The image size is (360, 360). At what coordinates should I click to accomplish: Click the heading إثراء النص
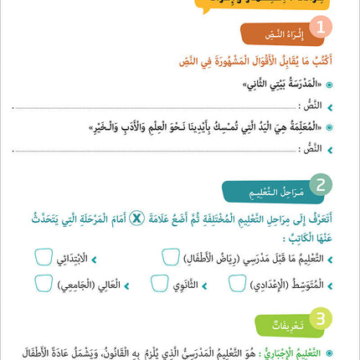point(276,35)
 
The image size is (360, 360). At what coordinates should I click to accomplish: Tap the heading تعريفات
point(280,321)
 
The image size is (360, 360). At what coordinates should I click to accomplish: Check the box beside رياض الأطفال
point(170,258)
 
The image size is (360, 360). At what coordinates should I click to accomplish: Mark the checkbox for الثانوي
point(159,284)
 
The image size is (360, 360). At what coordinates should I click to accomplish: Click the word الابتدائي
point(73,259)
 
